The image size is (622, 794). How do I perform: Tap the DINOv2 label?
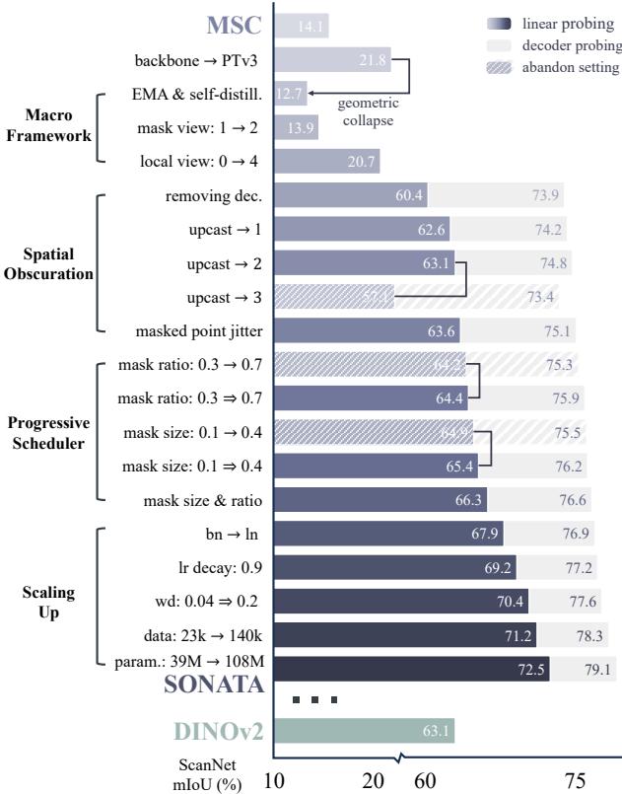[x=210, y=734]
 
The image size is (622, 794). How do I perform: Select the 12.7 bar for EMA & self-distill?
[x=290, y=96]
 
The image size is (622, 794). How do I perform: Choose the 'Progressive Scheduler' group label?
[x=48, y=431]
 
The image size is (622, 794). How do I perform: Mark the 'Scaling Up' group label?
[x=48, y=601]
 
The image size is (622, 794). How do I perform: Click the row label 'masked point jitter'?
[x=206, y=331]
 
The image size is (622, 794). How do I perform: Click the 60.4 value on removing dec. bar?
[x=409, y=196]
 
